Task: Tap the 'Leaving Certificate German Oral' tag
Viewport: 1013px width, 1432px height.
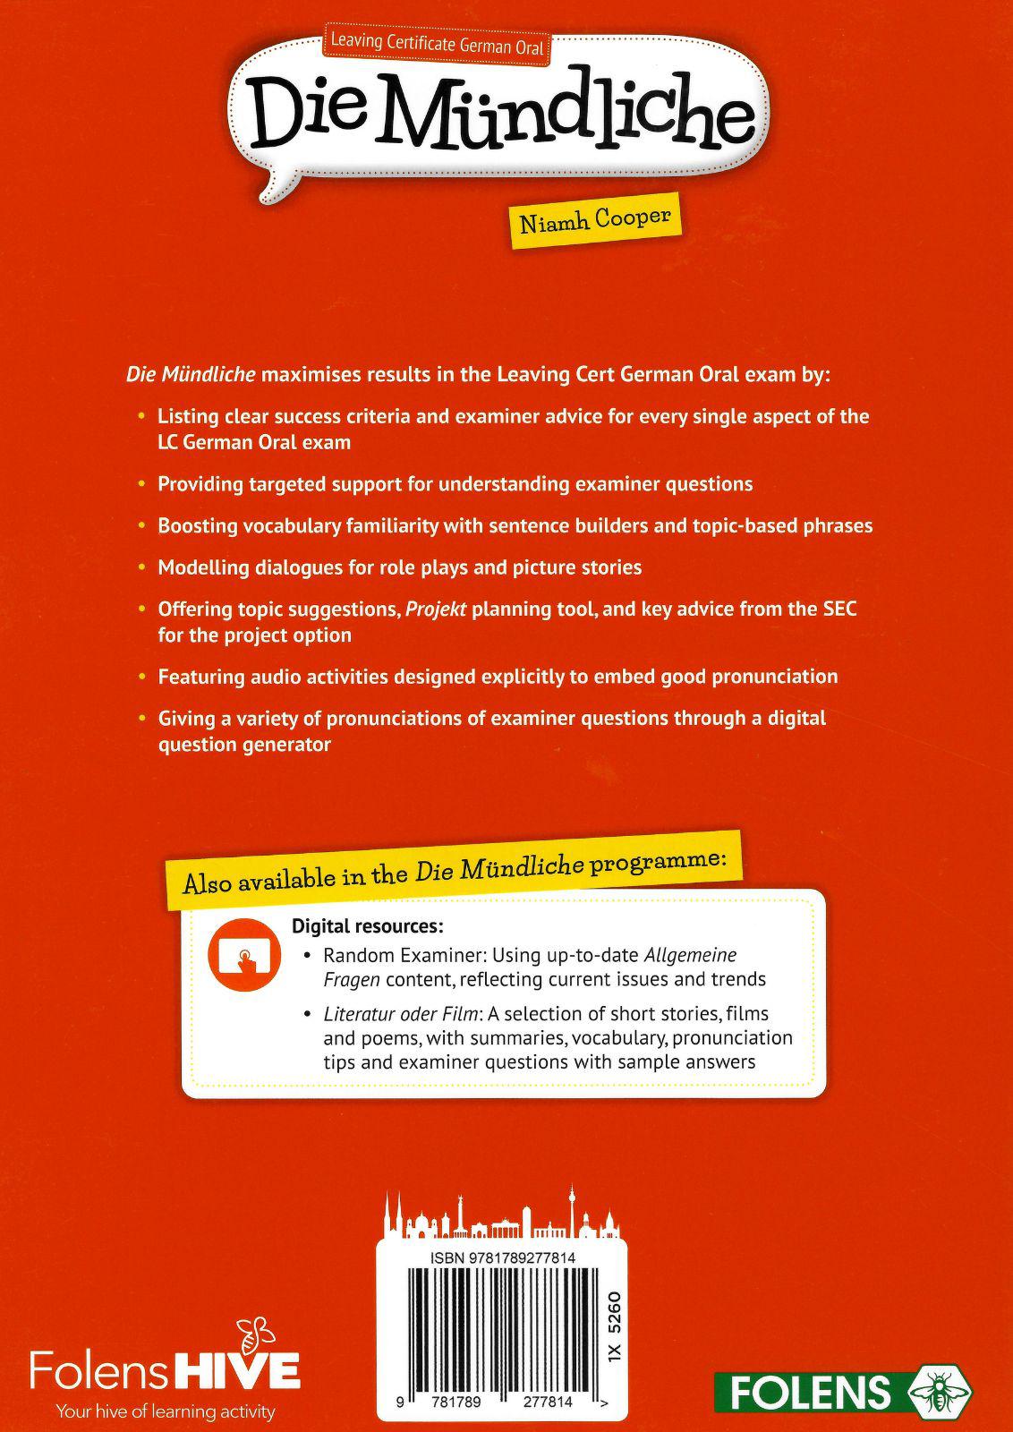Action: [x=438, y=43]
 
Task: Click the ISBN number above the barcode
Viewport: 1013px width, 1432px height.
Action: [x=502, y=1258]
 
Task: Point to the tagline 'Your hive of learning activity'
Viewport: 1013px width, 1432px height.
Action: [x=166, y=1411]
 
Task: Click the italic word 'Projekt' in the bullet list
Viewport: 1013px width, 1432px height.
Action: [x=436, y=609]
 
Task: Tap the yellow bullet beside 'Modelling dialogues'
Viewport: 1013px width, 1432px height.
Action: [x=140, y=567]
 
